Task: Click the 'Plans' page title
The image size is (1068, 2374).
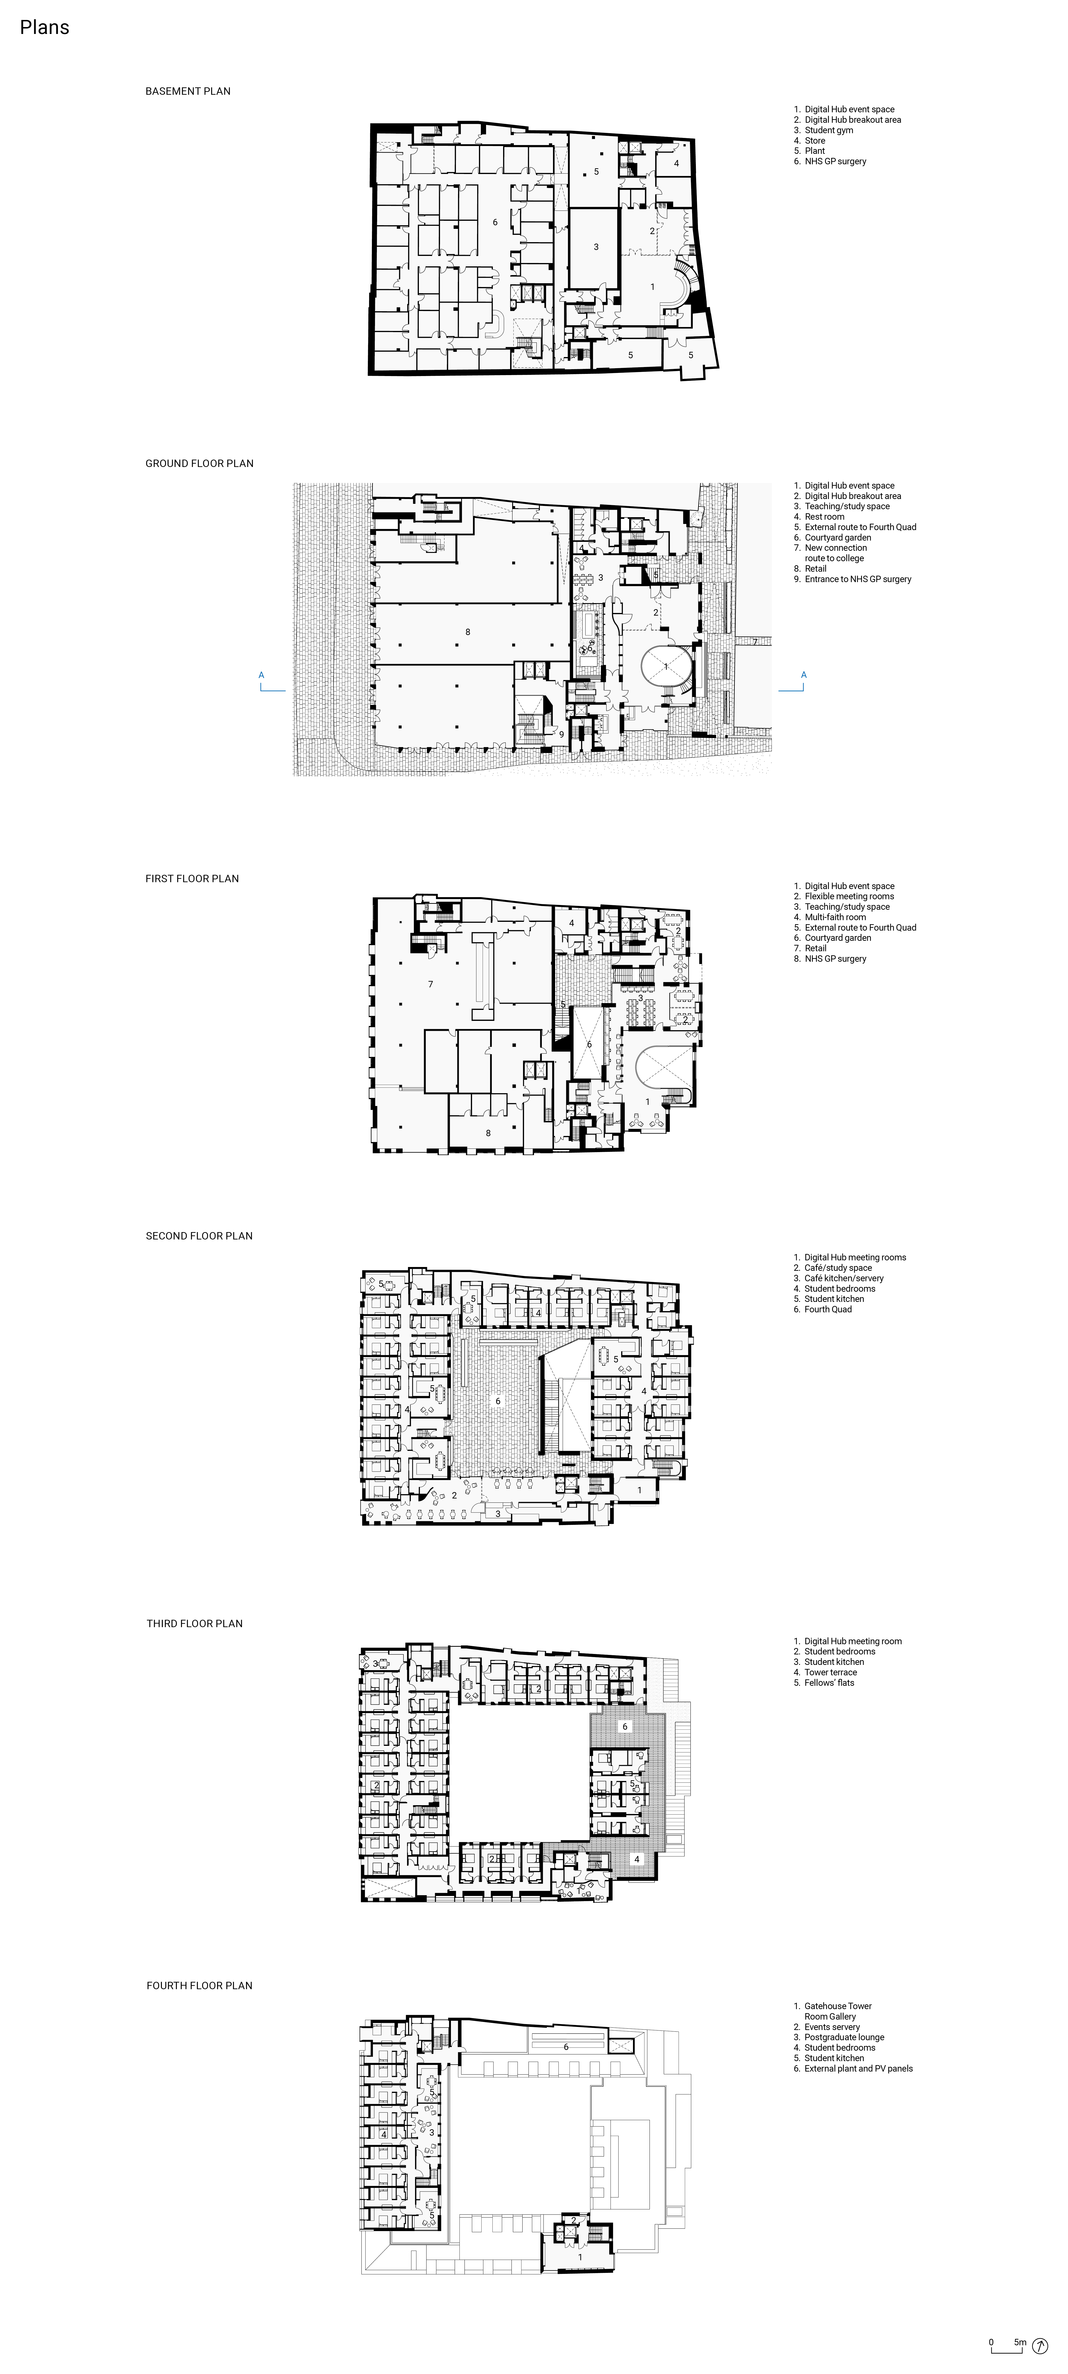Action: pyautogui.click(x=44, y=28)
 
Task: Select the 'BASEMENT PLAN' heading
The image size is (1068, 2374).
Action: pyautogui.click(x=188, y=91)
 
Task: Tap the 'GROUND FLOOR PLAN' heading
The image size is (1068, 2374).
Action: pyautogui.click(x=199, y=464)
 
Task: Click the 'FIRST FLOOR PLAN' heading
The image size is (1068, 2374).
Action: pyautogui.click(x=192, y=878)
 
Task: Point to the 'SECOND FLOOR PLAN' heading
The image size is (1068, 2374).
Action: pyautogui.click(x=199, y=1236)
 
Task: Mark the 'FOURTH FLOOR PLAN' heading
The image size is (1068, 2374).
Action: pyautogui.click(x=199, y=1985)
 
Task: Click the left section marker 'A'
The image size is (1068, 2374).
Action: pyautogui.click(x=262, y=675)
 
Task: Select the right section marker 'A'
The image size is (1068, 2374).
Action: pyautogui.click(x=804, y=675)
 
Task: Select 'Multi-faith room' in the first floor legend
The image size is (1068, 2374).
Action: pyautogui.click(x=835, y=917)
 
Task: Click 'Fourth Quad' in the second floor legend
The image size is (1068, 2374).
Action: pyautogui.click(x=828, y=1309)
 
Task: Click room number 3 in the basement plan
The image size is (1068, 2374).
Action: pyautogui.click(x=596, y=247)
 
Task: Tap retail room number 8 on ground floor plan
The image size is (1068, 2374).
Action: pyautogui.click(x=468, y=632)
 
